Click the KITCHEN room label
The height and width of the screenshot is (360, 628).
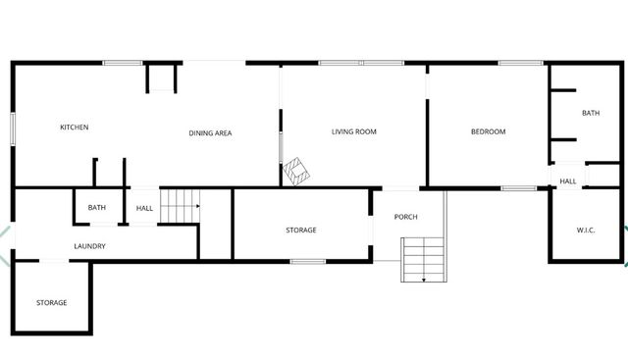75,128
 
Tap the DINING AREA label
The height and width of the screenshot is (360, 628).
210,132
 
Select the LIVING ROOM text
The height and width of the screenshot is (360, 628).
353,131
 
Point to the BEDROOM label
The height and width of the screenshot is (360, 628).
488,131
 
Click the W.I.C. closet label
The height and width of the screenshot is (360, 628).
586,231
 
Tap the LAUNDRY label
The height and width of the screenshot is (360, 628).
89,246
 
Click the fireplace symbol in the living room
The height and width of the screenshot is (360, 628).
296,172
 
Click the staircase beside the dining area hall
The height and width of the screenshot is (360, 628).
180,206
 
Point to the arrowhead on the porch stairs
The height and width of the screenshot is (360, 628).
424,280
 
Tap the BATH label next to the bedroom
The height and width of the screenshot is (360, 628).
590,113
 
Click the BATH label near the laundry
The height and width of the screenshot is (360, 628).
96,207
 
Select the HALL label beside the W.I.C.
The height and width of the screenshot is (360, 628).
568,181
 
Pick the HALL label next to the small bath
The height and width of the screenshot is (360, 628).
144,208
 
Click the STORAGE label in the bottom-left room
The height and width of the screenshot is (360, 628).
51,302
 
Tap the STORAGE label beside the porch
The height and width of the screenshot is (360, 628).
300,230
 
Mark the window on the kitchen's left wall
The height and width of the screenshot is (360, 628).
13,129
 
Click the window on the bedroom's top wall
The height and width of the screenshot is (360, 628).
521,64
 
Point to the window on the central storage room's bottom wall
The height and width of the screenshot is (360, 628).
308,261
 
